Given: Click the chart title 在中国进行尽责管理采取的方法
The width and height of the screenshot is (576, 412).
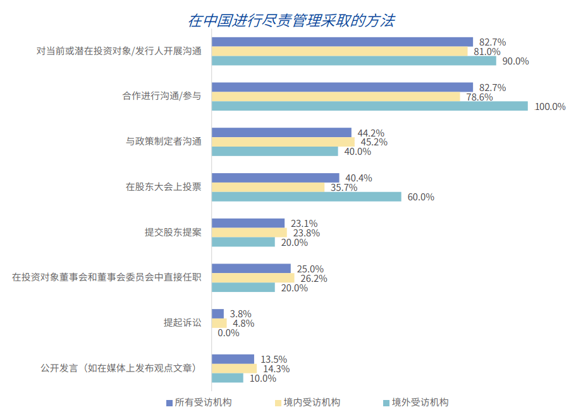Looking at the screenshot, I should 291,21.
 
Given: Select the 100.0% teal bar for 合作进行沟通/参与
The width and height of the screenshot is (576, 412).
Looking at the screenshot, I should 369,106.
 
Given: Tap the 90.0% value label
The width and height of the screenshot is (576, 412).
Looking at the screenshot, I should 515,61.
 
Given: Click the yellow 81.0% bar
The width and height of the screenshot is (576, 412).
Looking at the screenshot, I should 340,52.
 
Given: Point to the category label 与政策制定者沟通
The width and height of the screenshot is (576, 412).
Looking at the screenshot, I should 164,142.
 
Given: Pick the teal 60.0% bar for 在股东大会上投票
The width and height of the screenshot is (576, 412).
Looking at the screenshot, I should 306,197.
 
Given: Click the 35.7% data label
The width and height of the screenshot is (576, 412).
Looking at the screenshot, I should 344,188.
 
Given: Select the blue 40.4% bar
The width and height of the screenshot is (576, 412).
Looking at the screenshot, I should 275,178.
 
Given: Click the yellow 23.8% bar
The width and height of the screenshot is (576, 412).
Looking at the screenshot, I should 249,233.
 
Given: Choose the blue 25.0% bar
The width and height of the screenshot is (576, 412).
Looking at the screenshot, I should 251,269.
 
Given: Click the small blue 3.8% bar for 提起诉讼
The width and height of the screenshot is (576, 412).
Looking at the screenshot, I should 218,313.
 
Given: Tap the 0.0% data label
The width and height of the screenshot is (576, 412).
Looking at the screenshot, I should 228,333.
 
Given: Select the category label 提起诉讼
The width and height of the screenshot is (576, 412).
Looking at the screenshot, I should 183,323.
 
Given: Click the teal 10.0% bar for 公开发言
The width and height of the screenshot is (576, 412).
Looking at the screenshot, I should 227,378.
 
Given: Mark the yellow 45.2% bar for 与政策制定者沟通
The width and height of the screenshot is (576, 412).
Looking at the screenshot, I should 283,142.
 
